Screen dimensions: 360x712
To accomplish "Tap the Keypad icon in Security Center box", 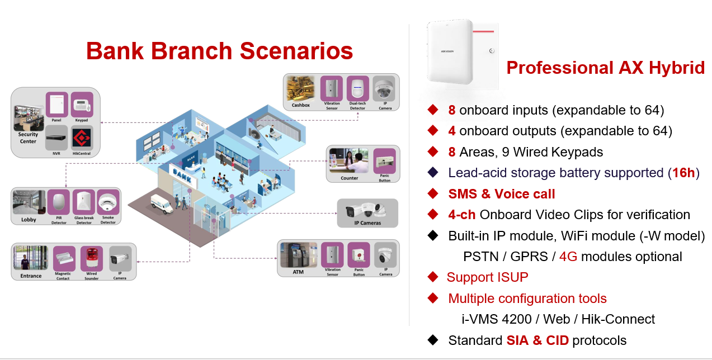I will (82, 104).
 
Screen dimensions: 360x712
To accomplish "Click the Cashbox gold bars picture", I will (300, 88).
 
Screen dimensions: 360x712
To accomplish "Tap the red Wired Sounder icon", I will (92, 259).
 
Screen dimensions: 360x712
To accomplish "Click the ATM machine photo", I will (298, 255).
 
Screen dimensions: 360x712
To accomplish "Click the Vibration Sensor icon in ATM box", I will (332, 255).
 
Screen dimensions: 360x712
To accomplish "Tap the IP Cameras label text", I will (367, 223).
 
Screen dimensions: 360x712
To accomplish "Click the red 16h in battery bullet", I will (683, 173).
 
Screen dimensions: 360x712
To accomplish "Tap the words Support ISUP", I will (487, 277).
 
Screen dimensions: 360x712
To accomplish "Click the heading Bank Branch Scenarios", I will (219, 51).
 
